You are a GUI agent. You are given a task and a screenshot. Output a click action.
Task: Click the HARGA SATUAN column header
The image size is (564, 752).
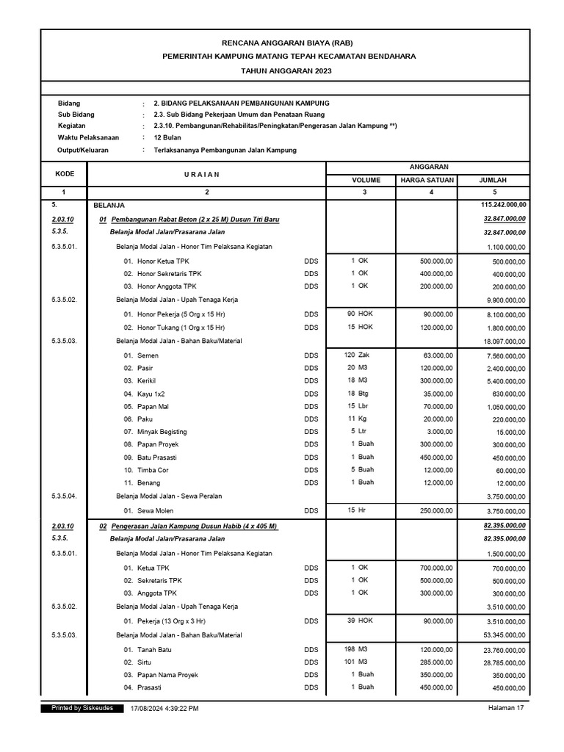(427, 180)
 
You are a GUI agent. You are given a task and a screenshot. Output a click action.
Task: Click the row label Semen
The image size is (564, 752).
(148, 355)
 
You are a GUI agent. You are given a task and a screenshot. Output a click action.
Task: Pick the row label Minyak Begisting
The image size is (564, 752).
(162, 432)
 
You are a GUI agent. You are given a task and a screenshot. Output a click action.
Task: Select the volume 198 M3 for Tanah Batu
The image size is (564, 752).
(355, 648)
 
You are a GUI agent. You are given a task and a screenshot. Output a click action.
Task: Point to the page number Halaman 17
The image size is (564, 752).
(506, 708)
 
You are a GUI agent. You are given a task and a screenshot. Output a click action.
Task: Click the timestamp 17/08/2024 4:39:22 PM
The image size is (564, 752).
(164, 708)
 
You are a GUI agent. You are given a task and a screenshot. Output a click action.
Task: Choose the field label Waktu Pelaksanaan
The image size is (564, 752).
(89, 138)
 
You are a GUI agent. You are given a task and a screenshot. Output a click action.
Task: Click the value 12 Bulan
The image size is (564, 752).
(168, 138)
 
